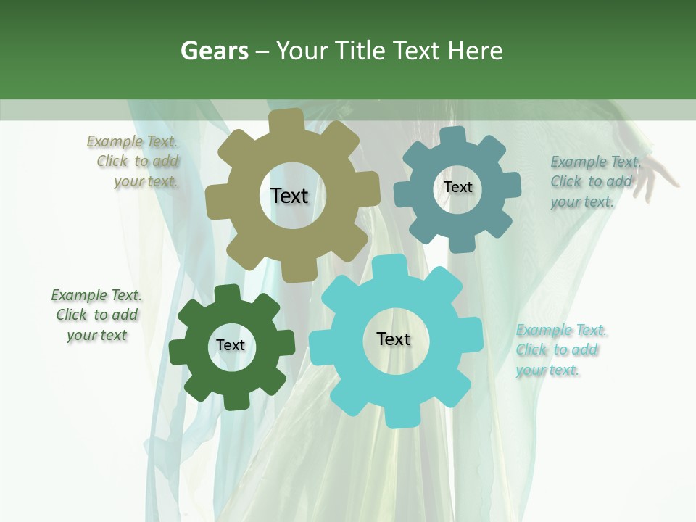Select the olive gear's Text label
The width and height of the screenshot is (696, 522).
pyautogui.click(x=289, y=196)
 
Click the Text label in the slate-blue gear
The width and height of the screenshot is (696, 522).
pyautogui.click(x=457, y=187)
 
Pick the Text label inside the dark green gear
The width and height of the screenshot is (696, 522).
pyautogui.click(x=231, y=345)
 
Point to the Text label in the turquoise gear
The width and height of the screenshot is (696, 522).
pyautogui.click(x=393, y=339)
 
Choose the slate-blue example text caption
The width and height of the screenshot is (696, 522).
pyautogui.click(x=594, y=181)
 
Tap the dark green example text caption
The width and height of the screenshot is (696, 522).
pyautogui.click(x=96, y=315)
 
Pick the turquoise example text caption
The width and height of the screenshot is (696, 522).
pyautogui.click(x=560, y=350)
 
